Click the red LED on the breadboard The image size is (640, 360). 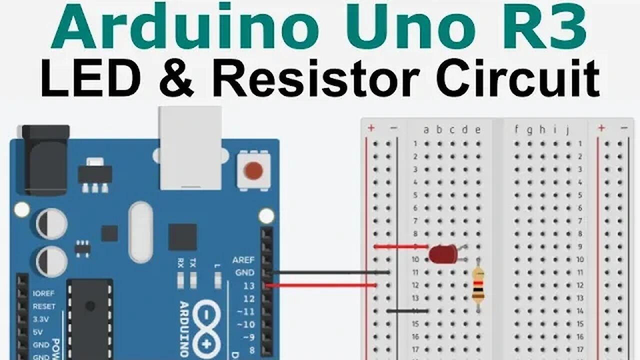[443, 254]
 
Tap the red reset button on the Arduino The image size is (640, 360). [253, 171]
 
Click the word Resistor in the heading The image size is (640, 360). [316, 79]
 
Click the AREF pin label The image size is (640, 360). [243, 260]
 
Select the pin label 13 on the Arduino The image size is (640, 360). [249, 286]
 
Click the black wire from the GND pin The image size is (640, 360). [330, 272]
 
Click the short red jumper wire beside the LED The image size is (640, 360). [400, 246]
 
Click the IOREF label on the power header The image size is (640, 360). [44, 293]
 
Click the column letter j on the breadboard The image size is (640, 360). [567, 130]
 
